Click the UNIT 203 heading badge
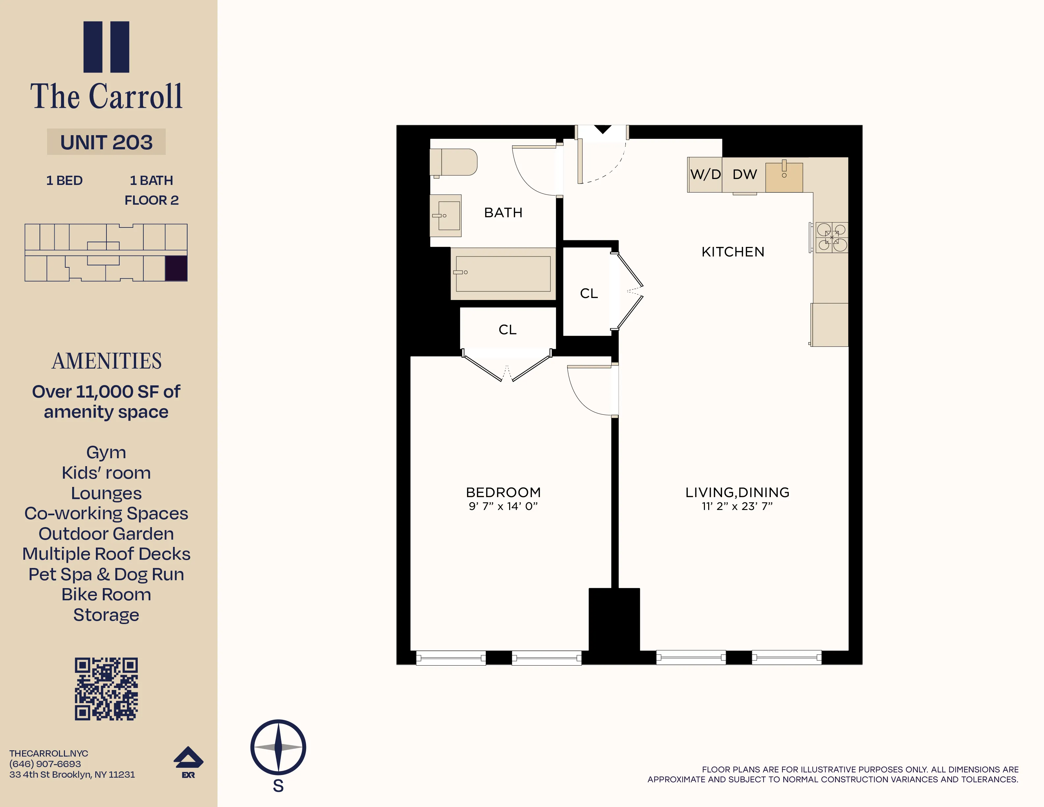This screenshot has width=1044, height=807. (x=106, y=142)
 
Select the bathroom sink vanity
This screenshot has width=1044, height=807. (x=446, y=216)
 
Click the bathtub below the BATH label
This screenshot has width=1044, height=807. (x=503, y=274)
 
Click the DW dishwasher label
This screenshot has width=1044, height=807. (x=744, y=174)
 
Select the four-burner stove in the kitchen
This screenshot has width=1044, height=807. (x=831, y=238)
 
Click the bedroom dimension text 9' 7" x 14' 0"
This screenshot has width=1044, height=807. (x=503, y=506)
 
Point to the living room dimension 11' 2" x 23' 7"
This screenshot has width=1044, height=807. (x=737, y=506)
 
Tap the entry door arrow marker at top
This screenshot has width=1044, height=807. (x=603, y=129)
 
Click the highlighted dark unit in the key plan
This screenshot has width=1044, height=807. (x=176, y=268)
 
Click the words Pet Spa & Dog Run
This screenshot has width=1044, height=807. (x=106, y=574)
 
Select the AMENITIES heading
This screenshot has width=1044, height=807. (x=106, y=361)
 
